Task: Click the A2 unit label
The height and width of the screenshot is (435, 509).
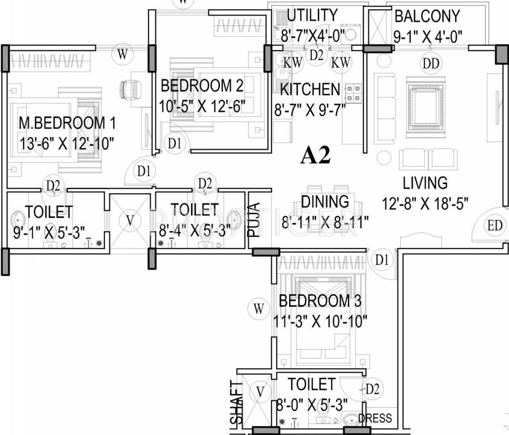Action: pos(315,155)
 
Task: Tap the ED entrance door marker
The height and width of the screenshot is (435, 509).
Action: pos(494,225)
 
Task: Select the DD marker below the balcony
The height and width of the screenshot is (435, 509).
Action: pos(431,63)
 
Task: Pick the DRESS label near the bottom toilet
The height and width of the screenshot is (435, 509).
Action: pos(375,419)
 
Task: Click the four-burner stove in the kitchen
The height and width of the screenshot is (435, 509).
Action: pos(354,93)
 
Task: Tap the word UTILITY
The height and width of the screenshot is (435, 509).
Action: pos(312,15)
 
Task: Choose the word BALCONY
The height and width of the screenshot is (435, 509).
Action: pos(427,15)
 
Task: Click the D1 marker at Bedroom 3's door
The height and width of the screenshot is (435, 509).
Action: pos(382,259)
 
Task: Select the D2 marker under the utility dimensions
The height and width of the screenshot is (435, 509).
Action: pos(316,54)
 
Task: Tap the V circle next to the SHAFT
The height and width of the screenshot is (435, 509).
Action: pos(260,391)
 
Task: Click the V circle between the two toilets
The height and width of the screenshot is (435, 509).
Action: pos(130,220)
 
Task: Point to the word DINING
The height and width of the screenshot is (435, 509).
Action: pos(325,202)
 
